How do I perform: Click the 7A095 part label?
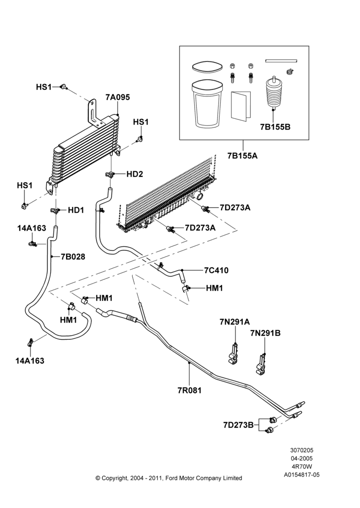click(x=117, y=97)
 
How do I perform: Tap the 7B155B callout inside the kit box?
click(x=275, y=127)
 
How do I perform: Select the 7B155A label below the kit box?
click(x=242, y=155)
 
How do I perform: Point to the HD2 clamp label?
click(x=135, y=174)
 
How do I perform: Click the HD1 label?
click(x=76, y=210)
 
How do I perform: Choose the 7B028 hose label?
click(x=73, y=257)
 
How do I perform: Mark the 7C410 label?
click(x=216, y=270)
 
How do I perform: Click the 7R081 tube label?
click(x=189, y=390)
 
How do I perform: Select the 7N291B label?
click(x=265, y=333)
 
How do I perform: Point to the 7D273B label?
click(x=238, y=425)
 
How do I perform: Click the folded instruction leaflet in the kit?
click(x=241, y=106)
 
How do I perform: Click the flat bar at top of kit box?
click(x=281, y=60)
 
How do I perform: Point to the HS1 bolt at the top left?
click(x=64, y=87)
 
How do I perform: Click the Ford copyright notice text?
click(x=169, y=478)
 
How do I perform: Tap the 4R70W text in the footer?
click(x=302, y=466)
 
